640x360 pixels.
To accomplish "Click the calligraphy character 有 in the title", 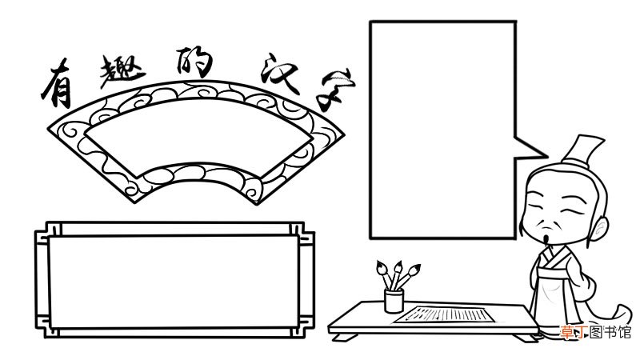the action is pos(57,84).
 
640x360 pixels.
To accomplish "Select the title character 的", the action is pos(194,62).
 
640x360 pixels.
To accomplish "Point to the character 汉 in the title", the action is pos(281,74).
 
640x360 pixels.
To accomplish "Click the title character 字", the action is pos(337,90).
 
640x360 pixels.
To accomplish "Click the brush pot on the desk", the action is pos(394,301).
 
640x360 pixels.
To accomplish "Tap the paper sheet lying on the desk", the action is pos(445,314).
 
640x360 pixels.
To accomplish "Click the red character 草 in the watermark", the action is pos(566,332).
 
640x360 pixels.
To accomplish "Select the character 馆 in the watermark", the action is pos(624,332).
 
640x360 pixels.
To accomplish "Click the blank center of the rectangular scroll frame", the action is pos(174,282).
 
